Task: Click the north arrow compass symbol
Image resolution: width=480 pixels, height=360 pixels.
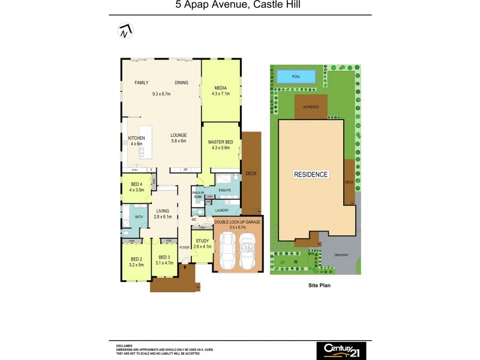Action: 125,31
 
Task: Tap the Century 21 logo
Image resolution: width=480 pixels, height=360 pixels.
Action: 341,349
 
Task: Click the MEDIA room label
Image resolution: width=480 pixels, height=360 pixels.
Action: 220,88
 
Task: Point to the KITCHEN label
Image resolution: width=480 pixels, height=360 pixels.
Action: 136,138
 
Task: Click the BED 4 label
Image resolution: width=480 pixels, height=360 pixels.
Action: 136,184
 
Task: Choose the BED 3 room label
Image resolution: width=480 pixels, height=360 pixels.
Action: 164,257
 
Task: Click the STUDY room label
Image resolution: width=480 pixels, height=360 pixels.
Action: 202,241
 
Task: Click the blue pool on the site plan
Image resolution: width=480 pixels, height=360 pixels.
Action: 296,77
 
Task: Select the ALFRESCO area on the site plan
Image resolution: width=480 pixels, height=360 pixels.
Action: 310,106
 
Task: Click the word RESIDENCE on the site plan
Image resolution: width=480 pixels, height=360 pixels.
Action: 311,175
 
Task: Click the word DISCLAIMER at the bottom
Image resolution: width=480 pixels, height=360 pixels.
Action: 125,346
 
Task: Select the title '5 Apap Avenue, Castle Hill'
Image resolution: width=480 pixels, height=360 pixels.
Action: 238,7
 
